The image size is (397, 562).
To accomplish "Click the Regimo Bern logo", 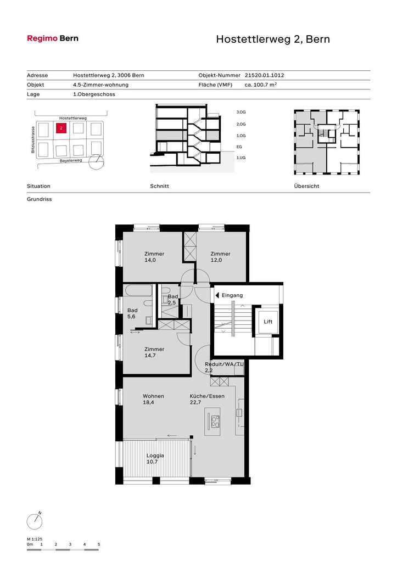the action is click(53, 38).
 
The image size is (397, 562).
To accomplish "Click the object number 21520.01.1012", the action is click(264, 75).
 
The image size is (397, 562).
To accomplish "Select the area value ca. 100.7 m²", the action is click(261, 85).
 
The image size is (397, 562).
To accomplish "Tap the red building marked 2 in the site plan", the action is click(61, 128).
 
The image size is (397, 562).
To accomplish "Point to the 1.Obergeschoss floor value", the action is click(94, 94).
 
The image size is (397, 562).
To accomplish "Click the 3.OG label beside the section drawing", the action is click(241, 112).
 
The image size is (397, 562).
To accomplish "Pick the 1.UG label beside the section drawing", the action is click(241, 158).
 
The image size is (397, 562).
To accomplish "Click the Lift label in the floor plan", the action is click(268, 322).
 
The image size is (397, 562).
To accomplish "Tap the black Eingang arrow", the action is click(217, 295).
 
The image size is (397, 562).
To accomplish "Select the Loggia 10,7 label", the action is click(155, 458).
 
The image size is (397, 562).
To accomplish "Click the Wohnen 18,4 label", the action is click(153, 399).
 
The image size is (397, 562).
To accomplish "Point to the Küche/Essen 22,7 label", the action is click(207, 399).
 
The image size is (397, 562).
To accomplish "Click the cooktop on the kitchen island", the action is click(215, 421).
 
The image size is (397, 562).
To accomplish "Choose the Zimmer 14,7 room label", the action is click(154, 352).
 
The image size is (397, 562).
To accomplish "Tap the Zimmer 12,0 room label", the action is click(220, 257).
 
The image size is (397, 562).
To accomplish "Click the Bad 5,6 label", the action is click(132, 313).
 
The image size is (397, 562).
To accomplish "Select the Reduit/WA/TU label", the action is click(224, 364).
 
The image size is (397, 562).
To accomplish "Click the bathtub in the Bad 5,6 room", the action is click(139, 291).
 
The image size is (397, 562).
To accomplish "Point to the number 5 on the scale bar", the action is click(99, 544).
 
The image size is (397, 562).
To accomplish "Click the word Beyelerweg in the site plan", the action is click(71, 161).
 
